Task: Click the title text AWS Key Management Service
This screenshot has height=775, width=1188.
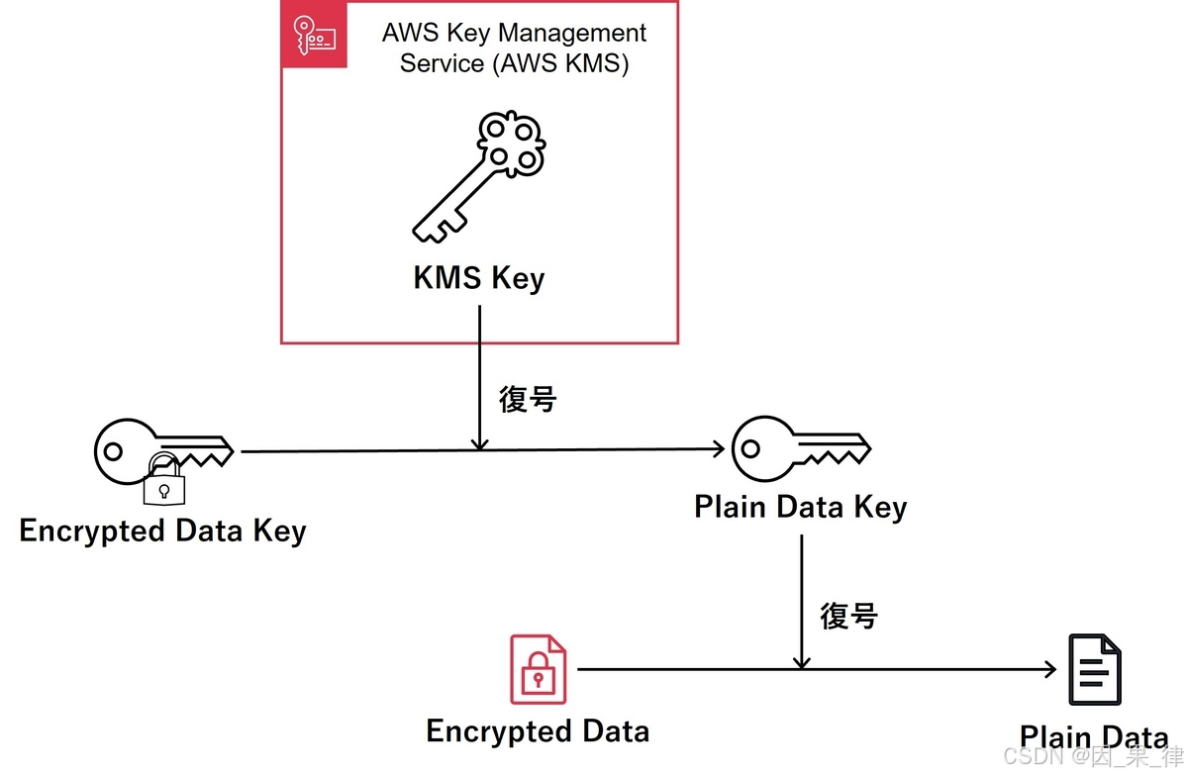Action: (x=514, y=48)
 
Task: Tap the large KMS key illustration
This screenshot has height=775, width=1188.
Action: (x=479, y=178)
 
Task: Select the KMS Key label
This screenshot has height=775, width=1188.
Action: (x=479, y=278)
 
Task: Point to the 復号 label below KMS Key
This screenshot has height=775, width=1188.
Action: (x=528, y=400)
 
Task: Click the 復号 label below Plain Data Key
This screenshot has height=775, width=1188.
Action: (x=848, y=616)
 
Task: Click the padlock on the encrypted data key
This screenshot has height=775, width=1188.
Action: (x=163, y=482)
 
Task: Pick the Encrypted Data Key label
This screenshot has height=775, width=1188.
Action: (x=162, y=531)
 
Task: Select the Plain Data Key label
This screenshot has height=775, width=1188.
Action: (x=800, y=508)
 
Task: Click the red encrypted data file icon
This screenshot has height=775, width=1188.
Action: (x=538, y=670)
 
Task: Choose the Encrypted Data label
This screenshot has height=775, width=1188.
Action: (x=538, y=731)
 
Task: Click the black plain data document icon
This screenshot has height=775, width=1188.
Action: (x=1094, y=670)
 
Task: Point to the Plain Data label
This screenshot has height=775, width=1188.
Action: (x=1094, y=737)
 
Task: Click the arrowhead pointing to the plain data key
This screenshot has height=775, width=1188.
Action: (x=718, y=450)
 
